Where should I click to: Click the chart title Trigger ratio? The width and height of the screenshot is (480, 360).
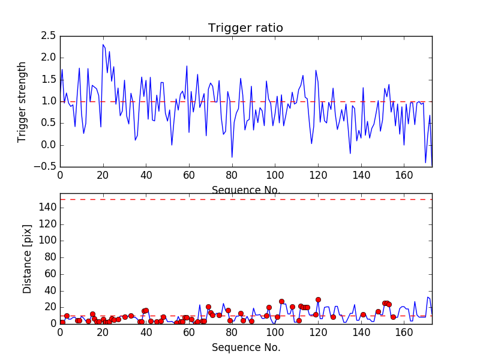coord(245,28)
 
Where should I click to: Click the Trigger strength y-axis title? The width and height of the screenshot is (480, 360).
coord(22,101)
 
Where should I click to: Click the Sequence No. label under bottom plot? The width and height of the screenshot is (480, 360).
coord(246,347)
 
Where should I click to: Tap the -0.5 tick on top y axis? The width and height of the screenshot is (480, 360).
coord(46,167)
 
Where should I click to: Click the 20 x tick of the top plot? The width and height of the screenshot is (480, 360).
coord(103,176)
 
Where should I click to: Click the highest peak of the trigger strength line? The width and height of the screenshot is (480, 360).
coord(103,45)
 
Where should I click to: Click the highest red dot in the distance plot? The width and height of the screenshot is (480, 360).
coord(318,299)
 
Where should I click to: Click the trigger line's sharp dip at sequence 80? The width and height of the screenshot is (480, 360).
coord(232,157)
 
